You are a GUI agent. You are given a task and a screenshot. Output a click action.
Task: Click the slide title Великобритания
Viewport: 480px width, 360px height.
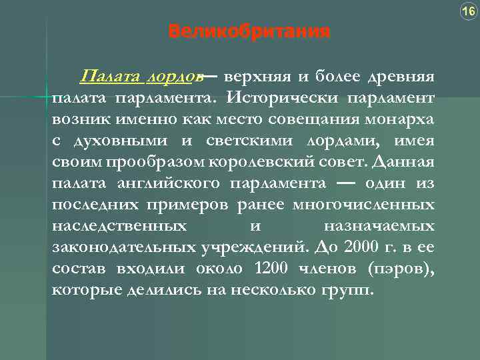[x=249, y=31]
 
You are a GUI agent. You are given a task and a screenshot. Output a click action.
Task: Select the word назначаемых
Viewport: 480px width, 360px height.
[x=379, y=226]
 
